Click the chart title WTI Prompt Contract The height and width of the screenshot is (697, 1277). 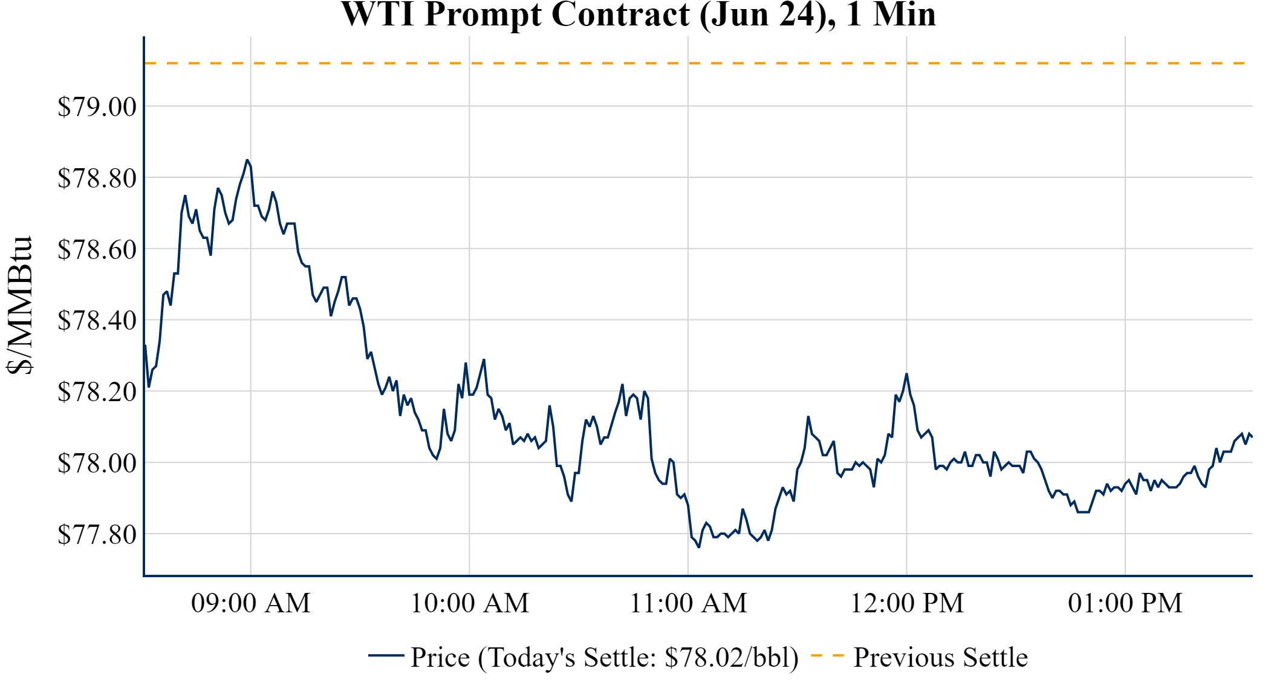(x=638, y=15)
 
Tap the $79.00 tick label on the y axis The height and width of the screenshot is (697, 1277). (x=97, y=107)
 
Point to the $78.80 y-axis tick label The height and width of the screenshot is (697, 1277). (x=97, y=178)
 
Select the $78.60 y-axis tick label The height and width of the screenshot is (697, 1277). (x=97, y=249)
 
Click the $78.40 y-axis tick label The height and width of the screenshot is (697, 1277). (x=97, y=321)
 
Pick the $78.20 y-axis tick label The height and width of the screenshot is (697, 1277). (x=97, y=392)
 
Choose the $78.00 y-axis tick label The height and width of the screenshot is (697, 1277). (x=97, y=463)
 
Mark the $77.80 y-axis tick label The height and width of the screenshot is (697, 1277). (x=97, y=535)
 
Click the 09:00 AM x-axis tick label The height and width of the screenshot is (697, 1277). (x=251, y=603)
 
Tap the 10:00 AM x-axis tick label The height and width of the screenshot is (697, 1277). (x=470, y=603)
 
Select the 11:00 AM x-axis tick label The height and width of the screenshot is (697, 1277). (x=689, y=603)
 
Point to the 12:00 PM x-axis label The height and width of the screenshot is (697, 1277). (x=907, y=603)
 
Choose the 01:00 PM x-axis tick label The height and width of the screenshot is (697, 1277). (x=1125, y=603)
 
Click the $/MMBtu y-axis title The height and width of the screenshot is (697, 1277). (x=19, y=306)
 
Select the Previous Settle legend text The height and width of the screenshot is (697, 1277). (x=940, y=658)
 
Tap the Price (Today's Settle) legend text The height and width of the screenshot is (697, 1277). (x=605, y=658)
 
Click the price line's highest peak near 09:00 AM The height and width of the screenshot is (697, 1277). (x=247, y=160)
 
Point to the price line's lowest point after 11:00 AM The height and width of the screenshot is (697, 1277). (x=699, y=547)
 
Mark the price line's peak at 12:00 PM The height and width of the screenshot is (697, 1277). (x=906, y=374)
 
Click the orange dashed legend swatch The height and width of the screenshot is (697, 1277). (x=827, y=656)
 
